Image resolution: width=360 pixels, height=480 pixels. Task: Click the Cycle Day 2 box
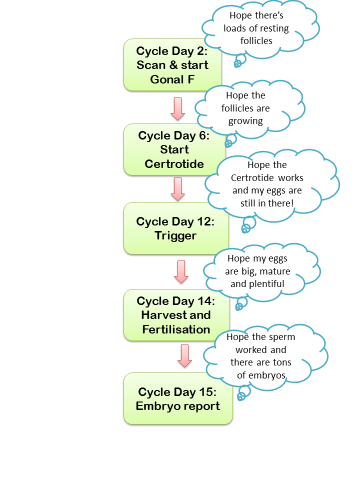[x=172, y=65]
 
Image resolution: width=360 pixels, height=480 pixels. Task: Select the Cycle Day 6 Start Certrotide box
[x=174, y=149]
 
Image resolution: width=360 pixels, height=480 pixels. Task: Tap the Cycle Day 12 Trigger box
[x=175, y=228]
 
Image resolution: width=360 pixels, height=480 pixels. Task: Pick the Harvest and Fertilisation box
[x=175, y=315]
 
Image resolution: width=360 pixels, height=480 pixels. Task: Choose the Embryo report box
[x=177, y=398]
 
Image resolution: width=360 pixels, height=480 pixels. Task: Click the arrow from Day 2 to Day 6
[x=177, y=108]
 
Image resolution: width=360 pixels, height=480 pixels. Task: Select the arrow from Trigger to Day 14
[x=181, y=272]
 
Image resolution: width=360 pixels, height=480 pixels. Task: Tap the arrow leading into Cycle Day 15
[x=185, y=355]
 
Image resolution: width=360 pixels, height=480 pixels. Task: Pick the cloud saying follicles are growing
[x=245, y=108]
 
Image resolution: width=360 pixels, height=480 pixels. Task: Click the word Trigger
[x=175, y=235]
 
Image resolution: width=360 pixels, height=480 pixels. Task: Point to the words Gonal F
[x=172, y=79]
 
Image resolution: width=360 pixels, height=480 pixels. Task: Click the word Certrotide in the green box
[x=174, y=164]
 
